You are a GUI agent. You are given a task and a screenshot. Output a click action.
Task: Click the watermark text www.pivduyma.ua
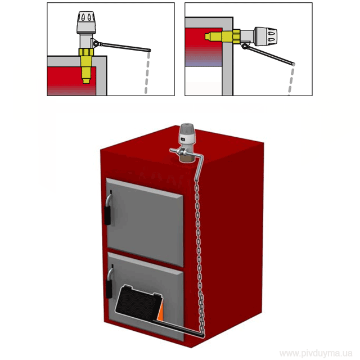[x=316, y=353]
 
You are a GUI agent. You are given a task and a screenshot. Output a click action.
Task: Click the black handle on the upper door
[x=107, y=215]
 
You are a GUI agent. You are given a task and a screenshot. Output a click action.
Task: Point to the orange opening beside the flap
[x=161, y=312]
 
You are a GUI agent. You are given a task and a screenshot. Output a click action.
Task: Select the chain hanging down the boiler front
[x=200, y=256]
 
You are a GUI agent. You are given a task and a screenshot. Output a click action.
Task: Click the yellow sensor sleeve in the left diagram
[x=86, y=65]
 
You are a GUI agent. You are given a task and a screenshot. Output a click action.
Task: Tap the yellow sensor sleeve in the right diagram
[x=223, y=36]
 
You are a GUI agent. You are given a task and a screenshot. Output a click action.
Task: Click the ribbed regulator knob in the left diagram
[x=86, y=22]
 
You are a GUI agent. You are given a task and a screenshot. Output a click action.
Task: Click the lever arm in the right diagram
[x=272, y=56]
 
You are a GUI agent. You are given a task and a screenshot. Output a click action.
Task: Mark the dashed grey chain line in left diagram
[x=147, y=73]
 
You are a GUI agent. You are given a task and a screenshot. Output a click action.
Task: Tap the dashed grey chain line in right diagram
[x=291, y=81]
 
